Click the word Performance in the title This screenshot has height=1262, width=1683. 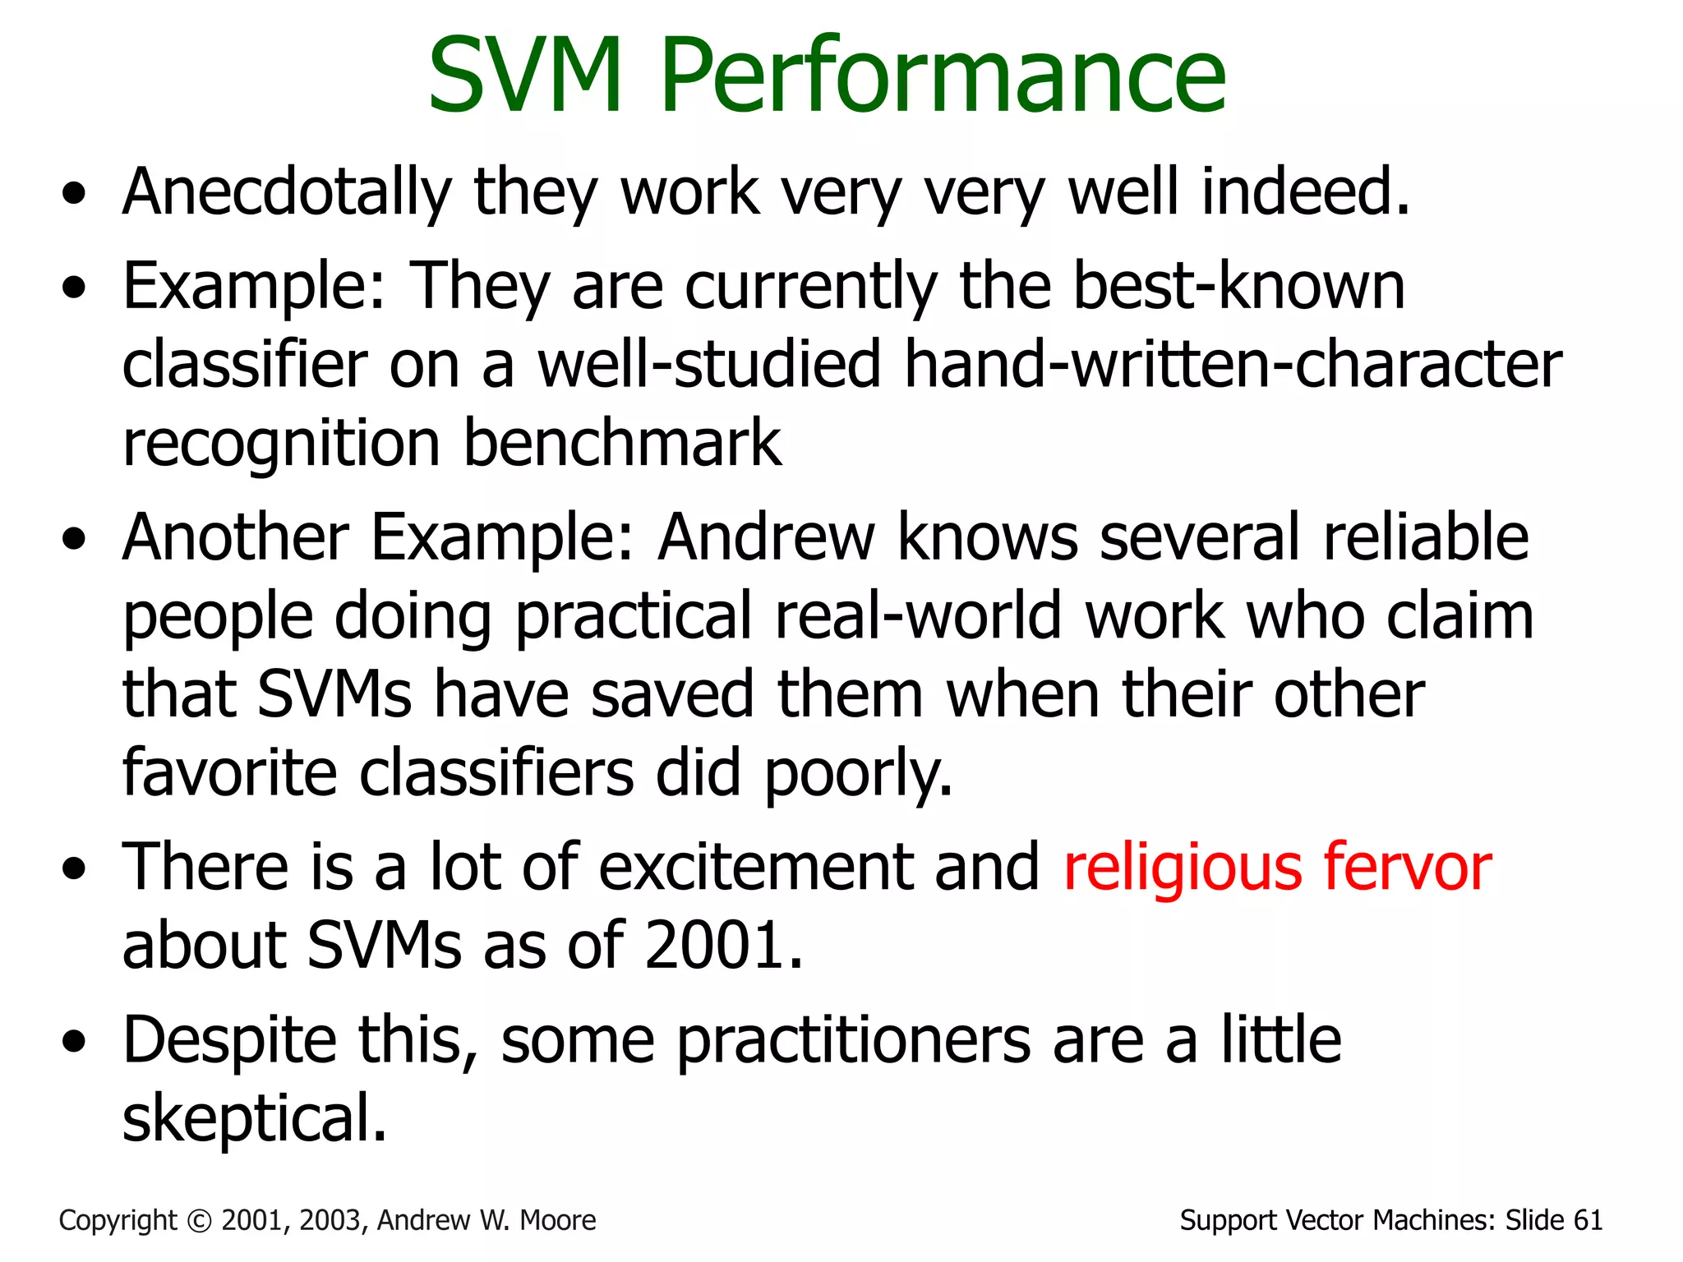(x=943, y=76)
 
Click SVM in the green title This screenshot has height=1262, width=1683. (x=526, y=76)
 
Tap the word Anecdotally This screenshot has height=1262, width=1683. (x=287, y=192)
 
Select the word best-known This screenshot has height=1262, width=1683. (x=1239, y=286)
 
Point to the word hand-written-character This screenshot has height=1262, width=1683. (x=1233, y=364)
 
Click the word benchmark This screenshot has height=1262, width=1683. (x=622, y=443)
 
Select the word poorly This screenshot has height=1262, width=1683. (x=858, y=774)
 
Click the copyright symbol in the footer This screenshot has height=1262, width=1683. (x=200, y=1221)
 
